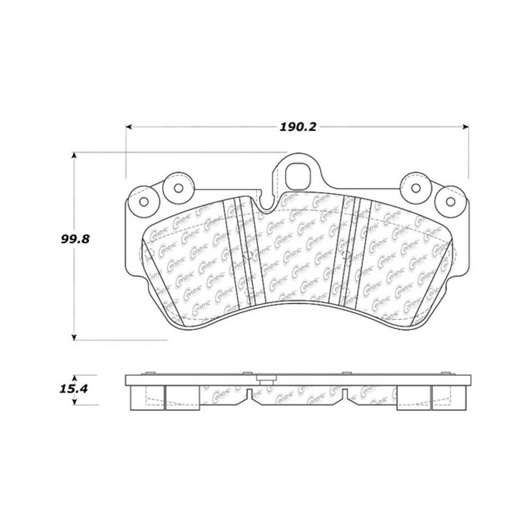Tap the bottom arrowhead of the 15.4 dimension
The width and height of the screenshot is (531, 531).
coord(74,402)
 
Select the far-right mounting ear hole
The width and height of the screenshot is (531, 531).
coord(450,201)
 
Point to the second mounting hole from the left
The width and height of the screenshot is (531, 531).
coord(178,187)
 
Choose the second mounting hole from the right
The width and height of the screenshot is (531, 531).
coord(416,187)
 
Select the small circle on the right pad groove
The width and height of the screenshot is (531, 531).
coord(345,254)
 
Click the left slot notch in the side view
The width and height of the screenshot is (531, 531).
coord(249,393)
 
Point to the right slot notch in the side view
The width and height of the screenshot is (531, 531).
coord(345,393)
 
